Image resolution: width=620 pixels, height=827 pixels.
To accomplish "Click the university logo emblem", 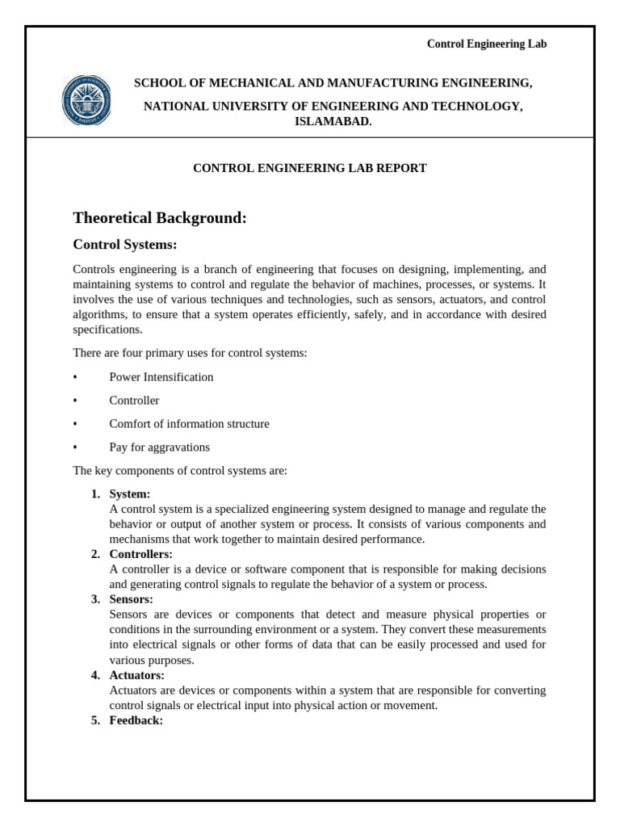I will point(87,101).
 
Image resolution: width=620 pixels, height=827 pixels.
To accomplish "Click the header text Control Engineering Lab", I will point(486,44).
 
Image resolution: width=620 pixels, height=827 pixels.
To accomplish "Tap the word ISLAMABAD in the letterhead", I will point(333,121).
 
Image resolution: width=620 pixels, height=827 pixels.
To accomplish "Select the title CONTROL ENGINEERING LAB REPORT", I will point(309,168).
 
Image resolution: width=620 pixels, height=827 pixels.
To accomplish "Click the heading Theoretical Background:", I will point(160,218).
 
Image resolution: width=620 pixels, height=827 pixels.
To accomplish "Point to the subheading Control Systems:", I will point(125,245).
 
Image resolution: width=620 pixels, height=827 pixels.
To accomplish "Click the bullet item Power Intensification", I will point(161,377).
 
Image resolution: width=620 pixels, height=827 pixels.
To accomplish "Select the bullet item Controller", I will point(135,401).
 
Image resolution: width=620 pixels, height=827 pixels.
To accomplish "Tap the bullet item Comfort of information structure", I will point(190,424).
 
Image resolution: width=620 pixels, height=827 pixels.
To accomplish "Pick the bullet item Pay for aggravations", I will point(160,447).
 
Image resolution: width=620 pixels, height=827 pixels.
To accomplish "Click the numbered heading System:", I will point(130,493).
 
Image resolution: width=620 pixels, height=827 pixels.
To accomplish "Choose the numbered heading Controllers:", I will point(141,554).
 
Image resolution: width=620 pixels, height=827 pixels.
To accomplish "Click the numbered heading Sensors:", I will point(132,599).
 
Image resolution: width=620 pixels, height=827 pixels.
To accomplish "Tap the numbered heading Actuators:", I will point(137,675).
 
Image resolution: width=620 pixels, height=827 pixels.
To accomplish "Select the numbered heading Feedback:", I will point(136,720).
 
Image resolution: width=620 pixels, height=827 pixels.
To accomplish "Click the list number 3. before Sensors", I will point(95,599).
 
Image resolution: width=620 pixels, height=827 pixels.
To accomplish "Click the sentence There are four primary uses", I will point(190,353).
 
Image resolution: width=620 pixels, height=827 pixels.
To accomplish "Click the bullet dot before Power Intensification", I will point(75,377).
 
